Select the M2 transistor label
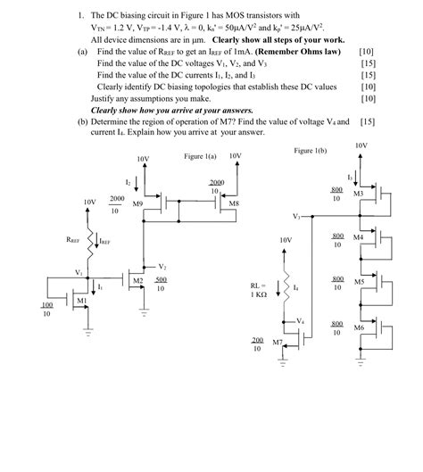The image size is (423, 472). tap(137, 280)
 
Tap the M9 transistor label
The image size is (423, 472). tap(137, 204)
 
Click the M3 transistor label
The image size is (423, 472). tap(358, 194)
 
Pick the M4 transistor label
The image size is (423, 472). tap(358, 237)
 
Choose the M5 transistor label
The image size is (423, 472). tap(358, 281)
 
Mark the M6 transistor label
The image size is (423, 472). tap(358, 327)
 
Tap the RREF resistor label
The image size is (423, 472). tap(73, 240)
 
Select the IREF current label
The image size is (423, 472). tap(105, 241)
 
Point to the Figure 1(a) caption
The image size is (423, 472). tap(201, 156)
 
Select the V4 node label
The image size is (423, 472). tap(300, 320)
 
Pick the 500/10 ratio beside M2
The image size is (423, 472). tap(161, 284)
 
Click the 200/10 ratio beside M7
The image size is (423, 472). tap(257, 344)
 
